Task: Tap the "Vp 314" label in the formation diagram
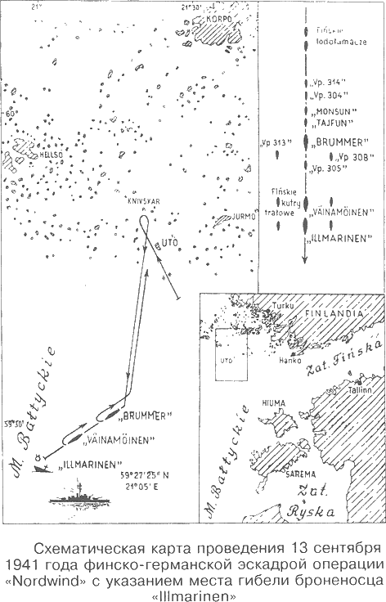325,83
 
